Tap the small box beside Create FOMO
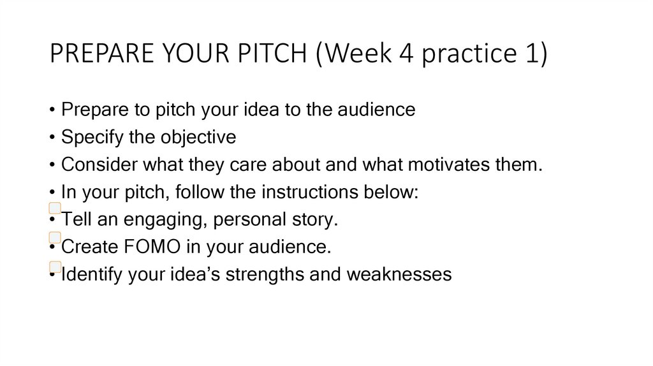pos(55,237)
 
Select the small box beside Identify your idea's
pos(55,267)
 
